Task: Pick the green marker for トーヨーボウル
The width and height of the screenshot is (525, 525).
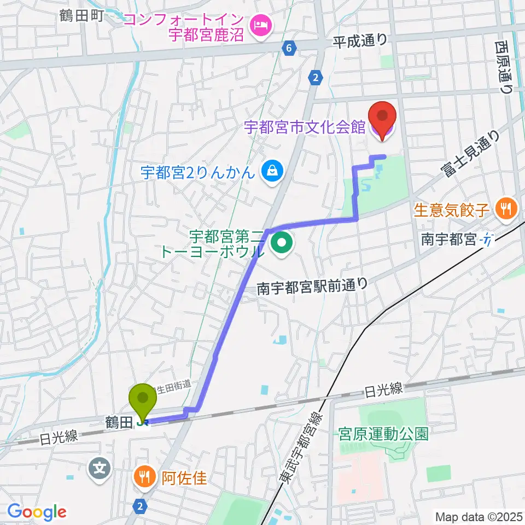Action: [x=282, y=244]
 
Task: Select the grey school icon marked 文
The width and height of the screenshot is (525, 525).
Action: [x=100, y=468]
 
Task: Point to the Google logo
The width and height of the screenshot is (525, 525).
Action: [x=37, y=512]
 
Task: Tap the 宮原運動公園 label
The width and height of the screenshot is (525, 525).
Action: [x=382, y=434]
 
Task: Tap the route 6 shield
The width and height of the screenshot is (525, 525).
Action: [x=288, y=48]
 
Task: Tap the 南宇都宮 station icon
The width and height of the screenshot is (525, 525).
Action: [x=487, y=238]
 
